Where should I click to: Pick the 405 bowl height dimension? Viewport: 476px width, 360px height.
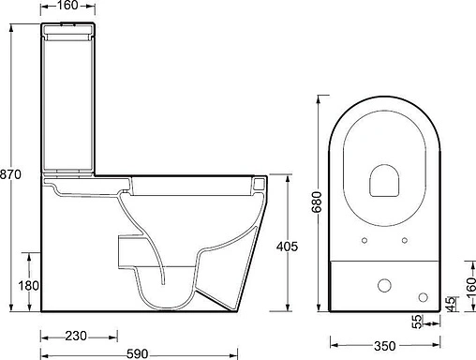tap(288, 247)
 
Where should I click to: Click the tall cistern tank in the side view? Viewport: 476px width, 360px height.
tap(67, 103)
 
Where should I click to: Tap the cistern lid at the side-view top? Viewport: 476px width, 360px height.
tap(67, 35)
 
